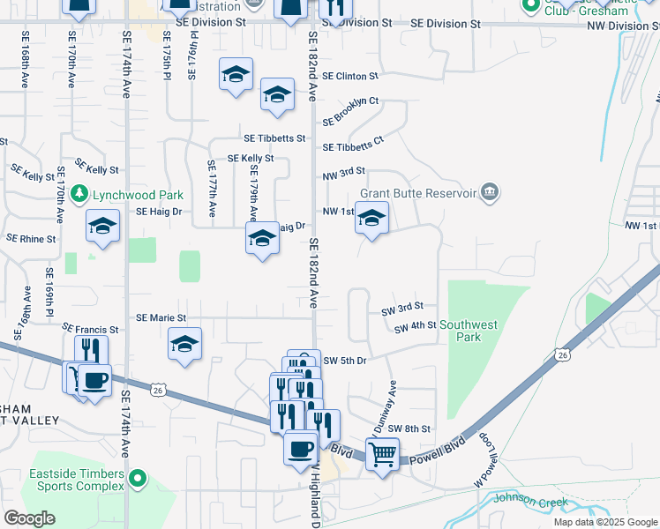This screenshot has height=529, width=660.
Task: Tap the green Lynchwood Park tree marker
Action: (79, 192)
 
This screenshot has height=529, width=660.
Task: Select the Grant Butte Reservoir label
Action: (419, 193)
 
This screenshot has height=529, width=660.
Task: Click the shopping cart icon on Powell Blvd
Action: (382, 455)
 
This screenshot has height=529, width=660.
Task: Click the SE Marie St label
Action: (161, 317)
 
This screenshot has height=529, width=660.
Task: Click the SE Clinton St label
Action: (350, 77)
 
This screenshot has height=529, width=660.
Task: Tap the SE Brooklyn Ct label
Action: (350, 109)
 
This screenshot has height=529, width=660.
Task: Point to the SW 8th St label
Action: (409, 428)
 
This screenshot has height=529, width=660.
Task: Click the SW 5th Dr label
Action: (344, 361)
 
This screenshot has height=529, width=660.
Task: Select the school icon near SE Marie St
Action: (185, 344)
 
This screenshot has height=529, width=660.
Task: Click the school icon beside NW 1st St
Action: (371, 218)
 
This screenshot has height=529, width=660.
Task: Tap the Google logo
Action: (29, 518)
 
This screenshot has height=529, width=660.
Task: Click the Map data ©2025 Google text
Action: (604, 522)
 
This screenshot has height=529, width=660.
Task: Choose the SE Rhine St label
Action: (31, 238)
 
